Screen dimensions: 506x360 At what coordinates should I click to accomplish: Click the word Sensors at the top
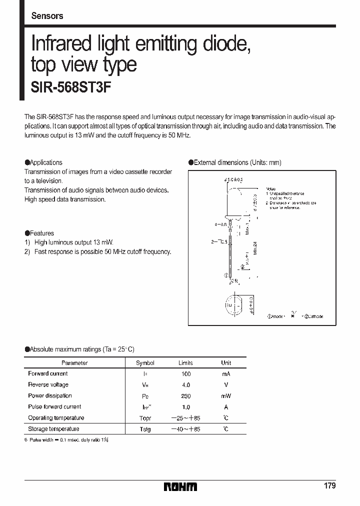pos(47,16)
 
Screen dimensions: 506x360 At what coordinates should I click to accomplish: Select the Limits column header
pos(185,363)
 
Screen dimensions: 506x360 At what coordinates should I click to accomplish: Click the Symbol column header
pos(145,363)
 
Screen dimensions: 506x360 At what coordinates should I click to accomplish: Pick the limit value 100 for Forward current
pos(185,374)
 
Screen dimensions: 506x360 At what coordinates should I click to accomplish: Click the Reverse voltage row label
pos(48,385)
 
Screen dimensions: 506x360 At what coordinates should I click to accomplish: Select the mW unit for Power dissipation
pos(226,396)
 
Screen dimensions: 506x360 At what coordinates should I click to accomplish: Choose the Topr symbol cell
pos(145,418)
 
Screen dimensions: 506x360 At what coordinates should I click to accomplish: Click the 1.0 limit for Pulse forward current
pos(185,407)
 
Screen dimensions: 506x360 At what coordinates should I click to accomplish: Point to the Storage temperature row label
pos(53,429)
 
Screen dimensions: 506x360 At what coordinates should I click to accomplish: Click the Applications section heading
pos(43,162)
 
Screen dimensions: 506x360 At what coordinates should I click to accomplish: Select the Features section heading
pos(39,233)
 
